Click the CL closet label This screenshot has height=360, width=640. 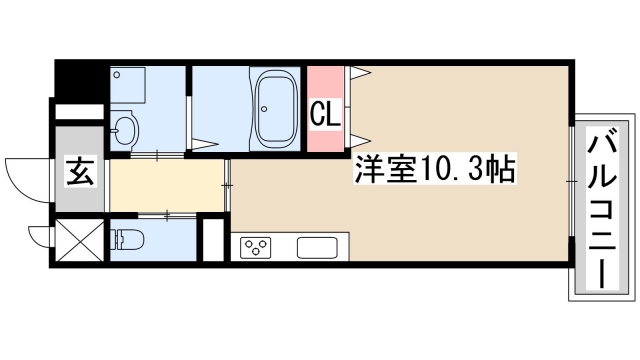click(x=325, y=113)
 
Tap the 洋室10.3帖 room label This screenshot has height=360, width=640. click(x=433, y=171)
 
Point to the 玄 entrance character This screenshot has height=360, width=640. click(x=81, y=172)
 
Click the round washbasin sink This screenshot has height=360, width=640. click(x=125, y=129)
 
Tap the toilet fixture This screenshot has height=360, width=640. click(x=127, y=240)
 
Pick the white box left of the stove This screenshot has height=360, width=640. click(x=212, y=239)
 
